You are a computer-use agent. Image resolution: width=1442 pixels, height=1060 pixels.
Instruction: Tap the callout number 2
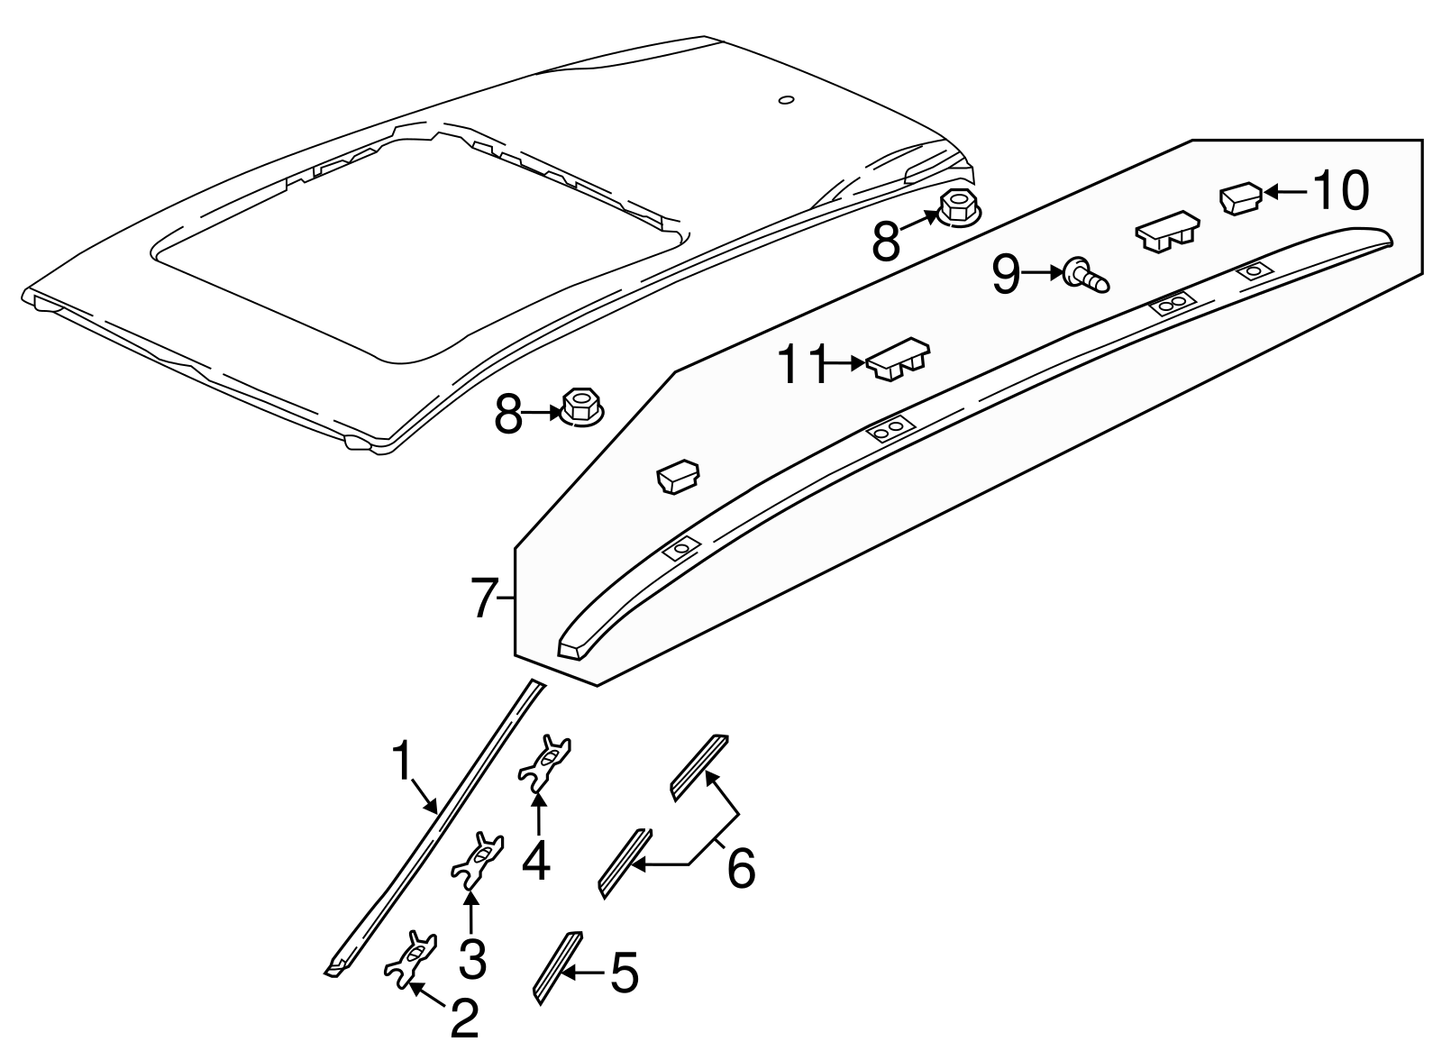click(464, 1019)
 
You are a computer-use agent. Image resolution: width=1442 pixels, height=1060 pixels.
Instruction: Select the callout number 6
click(740, 869)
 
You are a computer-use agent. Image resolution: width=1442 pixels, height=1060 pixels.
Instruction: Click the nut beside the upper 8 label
click(957, 211)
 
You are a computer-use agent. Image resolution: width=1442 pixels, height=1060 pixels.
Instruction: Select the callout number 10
click(1339, 191)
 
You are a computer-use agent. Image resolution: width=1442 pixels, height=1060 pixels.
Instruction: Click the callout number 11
click(802, 365)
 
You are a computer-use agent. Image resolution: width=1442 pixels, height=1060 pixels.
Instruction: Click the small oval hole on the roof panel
click(786, 100)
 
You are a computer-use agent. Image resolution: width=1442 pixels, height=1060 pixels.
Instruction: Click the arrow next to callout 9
click(1042, 271)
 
